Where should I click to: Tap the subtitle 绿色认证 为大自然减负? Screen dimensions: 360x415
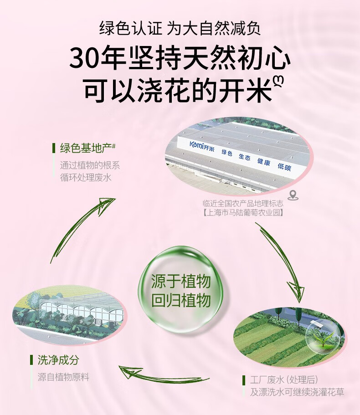click(180, 29)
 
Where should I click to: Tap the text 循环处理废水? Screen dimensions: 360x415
click(86, 177)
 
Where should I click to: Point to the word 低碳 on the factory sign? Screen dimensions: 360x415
click(284, 166)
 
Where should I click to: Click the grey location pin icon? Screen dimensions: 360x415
click(293, 195)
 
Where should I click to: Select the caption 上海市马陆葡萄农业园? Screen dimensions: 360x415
click(243, 212)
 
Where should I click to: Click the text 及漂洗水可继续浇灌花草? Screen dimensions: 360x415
click(297, 392)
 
